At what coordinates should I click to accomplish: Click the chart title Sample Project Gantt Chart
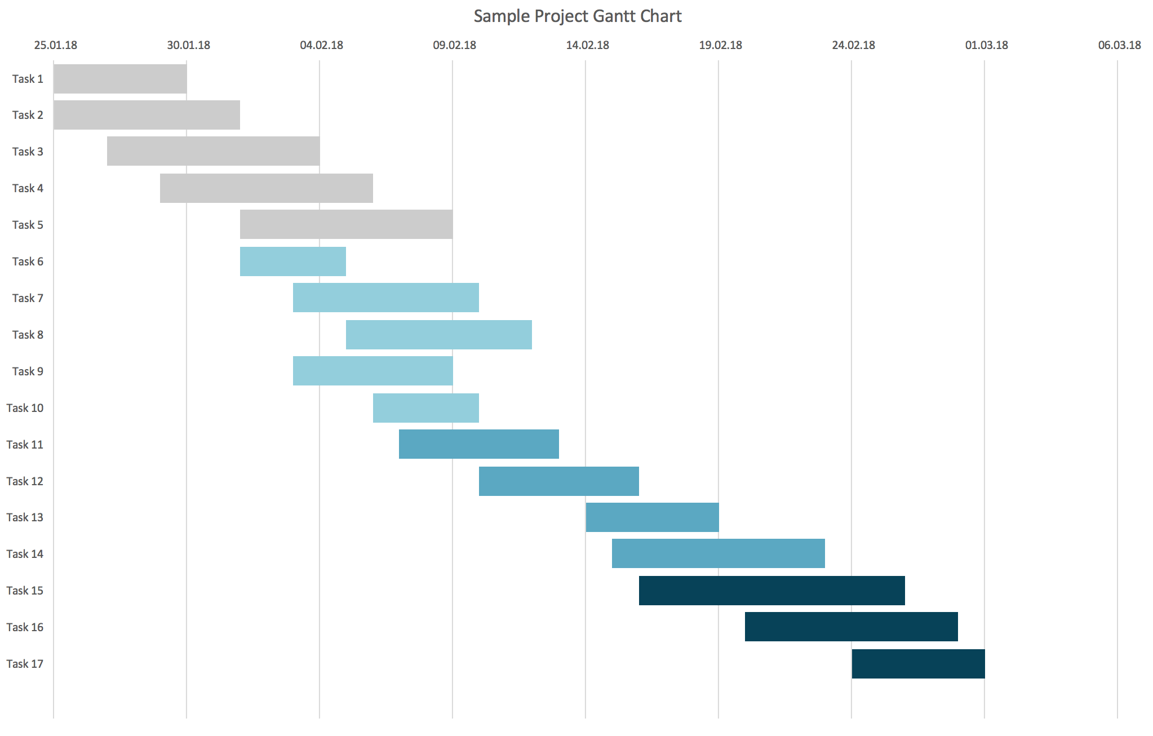(577, 16)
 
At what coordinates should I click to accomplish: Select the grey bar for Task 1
(120, 79)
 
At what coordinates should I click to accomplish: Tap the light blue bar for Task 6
(292, 261)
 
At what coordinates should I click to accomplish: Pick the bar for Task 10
(425, 408)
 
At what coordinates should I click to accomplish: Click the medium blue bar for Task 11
(478, 444)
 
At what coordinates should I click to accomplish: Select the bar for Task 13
(652, 517)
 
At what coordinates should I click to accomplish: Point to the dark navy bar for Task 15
(771, 591)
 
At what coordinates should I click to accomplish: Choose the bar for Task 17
(918, 664)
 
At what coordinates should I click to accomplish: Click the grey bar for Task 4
(266, 188)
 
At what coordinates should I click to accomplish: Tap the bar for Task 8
(438, 335)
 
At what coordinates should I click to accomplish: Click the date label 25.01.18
(55, 45)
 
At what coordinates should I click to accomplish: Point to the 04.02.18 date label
(321, 45)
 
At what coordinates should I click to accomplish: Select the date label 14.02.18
(587, 45)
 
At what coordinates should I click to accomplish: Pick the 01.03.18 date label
(986, 45)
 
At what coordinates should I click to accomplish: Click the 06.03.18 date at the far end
(1119, 45)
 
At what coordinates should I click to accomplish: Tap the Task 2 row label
(28, 115)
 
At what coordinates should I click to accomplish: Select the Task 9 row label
(28, 371)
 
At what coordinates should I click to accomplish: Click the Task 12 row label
(25, 481)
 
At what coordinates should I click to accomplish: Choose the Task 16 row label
(25, 627)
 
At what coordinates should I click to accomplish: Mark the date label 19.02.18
(720, 45)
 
